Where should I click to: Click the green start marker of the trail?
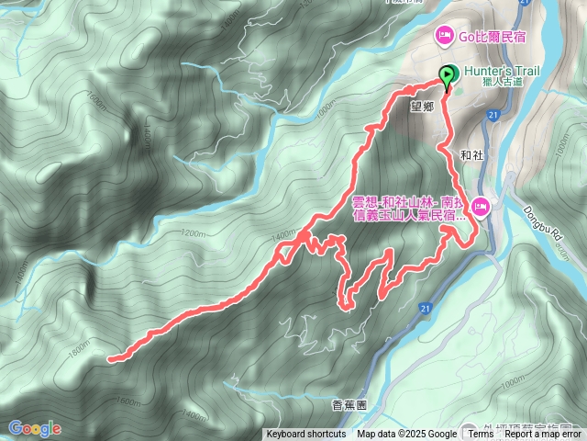(x=448, y=76)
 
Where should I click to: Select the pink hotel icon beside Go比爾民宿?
(x=444, y=36)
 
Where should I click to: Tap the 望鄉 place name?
(x=422, y=106)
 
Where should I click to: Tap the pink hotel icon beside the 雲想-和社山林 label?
(x=482, y=211)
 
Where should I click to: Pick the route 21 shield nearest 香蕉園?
(x=425, y=309)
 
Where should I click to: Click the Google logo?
(x=35, y=428)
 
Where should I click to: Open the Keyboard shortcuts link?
(x=306, y=435)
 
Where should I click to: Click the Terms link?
(x=482, y=435)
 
